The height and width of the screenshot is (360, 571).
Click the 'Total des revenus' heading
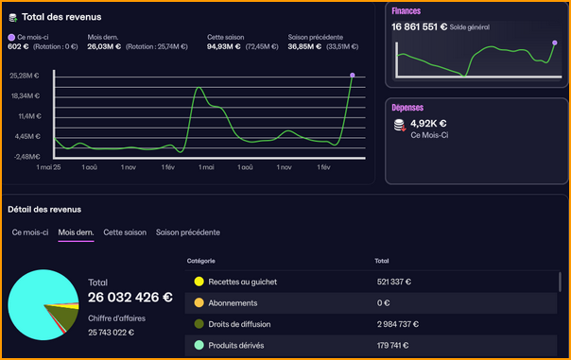click(x=61, y=17)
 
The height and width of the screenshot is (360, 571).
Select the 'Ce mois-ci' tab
click(x=30, y=231)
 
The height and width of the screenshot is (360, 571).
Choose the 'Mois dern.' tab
click(x=76, y=231)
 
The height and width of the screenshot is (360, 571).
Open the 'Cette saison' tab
click(x=125, y=231)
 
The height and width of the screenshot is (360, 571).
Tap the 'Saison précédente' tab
click(x=188, y=231)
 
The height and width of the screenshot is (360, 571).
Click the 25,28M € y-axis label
click(x=25, y=75)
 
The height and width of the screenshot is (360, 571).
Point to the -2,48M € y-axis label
click(x=25, y=156)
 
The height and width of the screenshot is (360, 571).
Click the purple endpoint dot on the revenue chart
click(x=353, y=75)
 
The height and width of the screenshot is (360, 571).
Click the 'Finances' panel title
click(x=406, y=11)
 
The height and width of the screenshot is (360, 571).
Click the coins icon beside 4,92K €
click(x=400, y=126)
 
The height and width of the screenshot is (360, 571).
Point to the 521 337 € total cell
click(x=398, y=282)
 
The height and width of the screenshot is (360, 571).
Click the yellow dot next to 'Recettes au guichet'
click(x=199, y=282)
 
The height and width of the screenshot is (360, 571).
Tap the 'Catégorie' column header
click(x=201, y=260)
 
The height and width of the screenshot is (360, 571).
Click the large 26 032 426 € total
click(x=130, y=297)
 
